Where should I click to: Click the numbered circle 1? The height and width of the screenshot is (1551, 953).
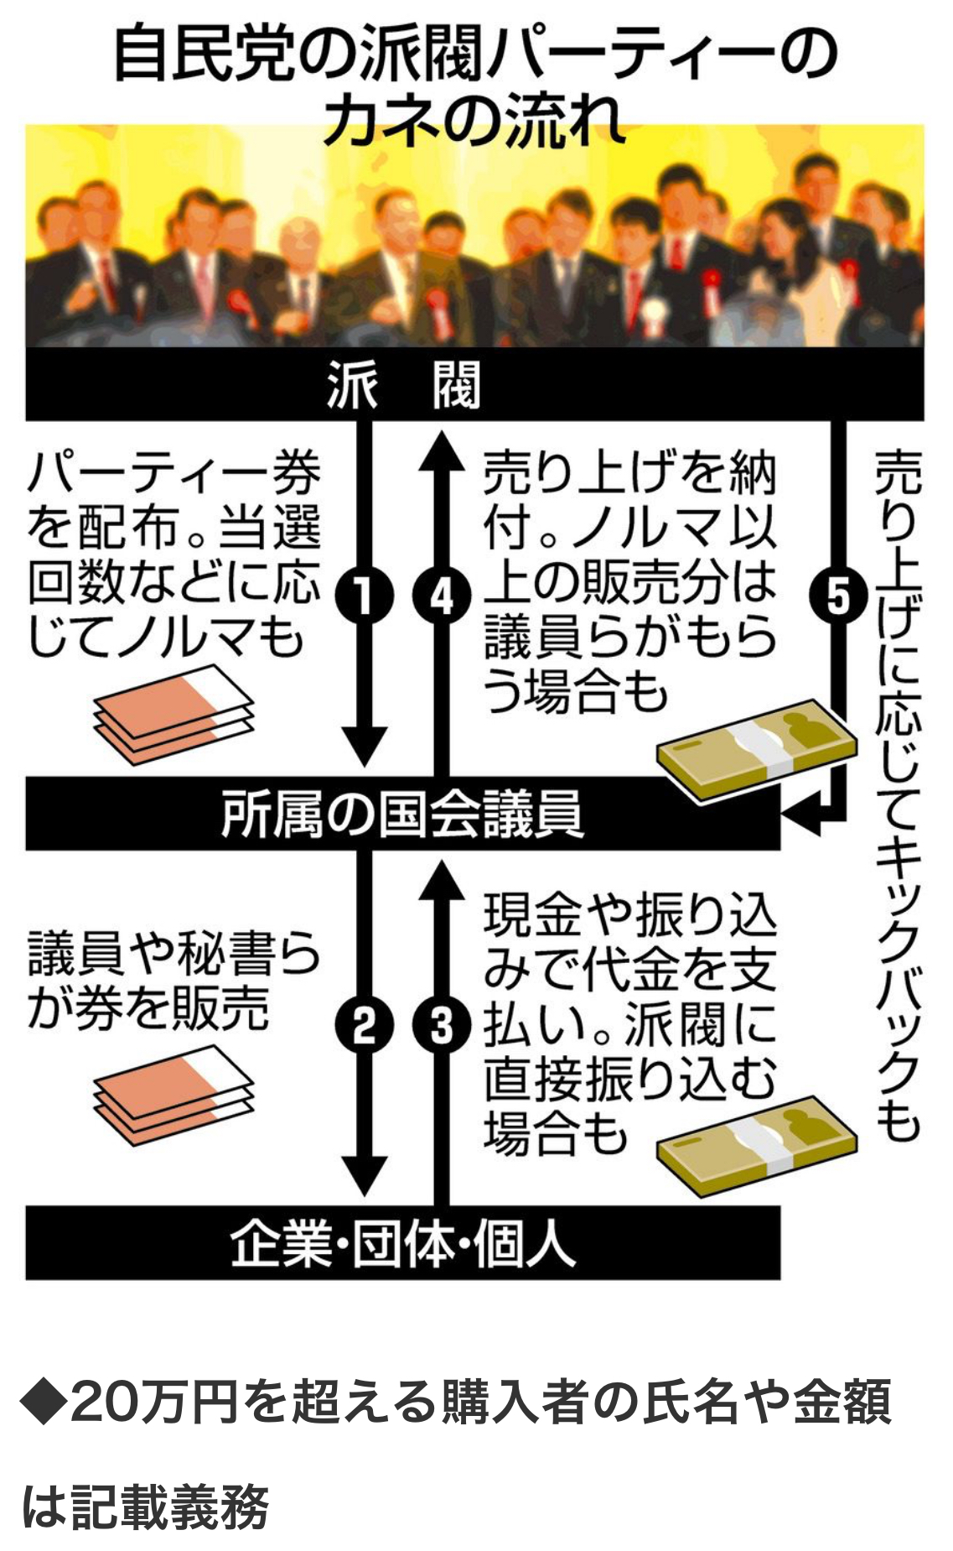click(364, 597)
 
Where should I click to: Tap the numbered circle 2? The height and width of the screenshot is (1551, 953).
click(364, 1025)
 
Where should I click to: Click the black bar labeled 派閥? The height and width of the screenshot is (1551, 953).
click(474, 385)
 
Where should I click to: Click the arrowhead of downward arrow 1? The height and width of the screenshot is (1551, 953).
click(364, 746)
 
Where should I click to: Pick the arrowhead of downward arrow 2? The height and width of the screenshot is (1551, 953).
click(364, 1175)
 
